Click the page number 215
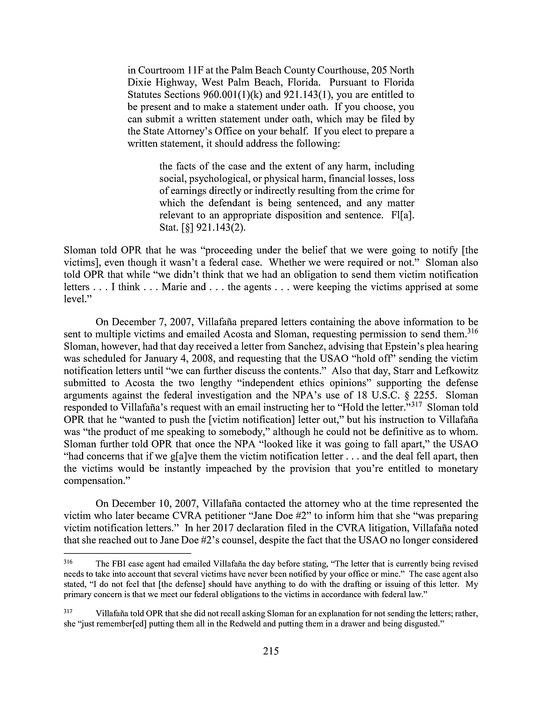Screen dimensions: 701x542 click(271, 651)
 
